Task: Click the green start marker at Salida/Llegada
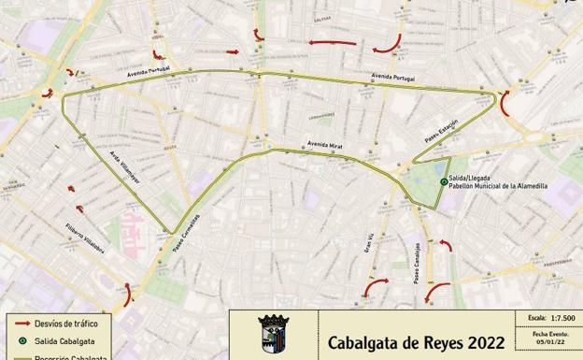tap(443, 181)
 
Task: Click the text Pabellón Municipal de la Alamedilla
tap(498, 186)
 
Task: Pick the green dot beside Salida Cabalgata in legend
tap(24, 340)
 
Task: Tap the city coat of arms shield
tap(274, 335)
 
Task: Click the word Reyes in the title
tap(437, 342)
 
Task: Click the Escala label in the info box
tap(536, 318)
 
